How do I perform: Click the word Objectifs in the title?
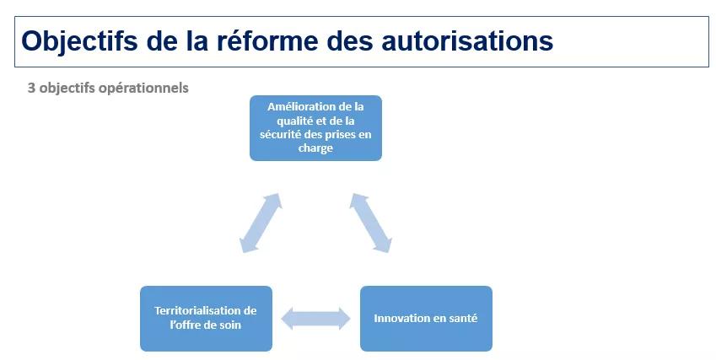pos(79,40)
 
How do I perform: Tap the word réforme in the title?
pos(267,40)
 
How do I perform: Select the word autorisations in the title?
pos(467,40)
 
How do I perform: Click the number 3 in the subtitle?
pos(31,88)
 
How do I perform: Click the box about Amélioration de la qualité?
pos(315,128)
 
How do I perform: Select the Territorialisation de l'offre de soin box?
pos(206,319)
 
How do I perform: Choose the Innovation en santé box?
pos(426,319)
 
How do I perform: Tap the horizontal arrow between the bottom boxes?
pos(315,319)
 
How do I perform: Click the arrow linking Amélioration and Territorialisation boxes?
pos(261,223)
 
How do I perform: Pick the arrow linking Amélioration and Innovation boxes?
pos(371,223)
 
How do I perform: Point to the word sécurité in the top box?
pos(279,135)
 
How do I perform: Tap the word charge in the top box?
pos(315,148)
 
